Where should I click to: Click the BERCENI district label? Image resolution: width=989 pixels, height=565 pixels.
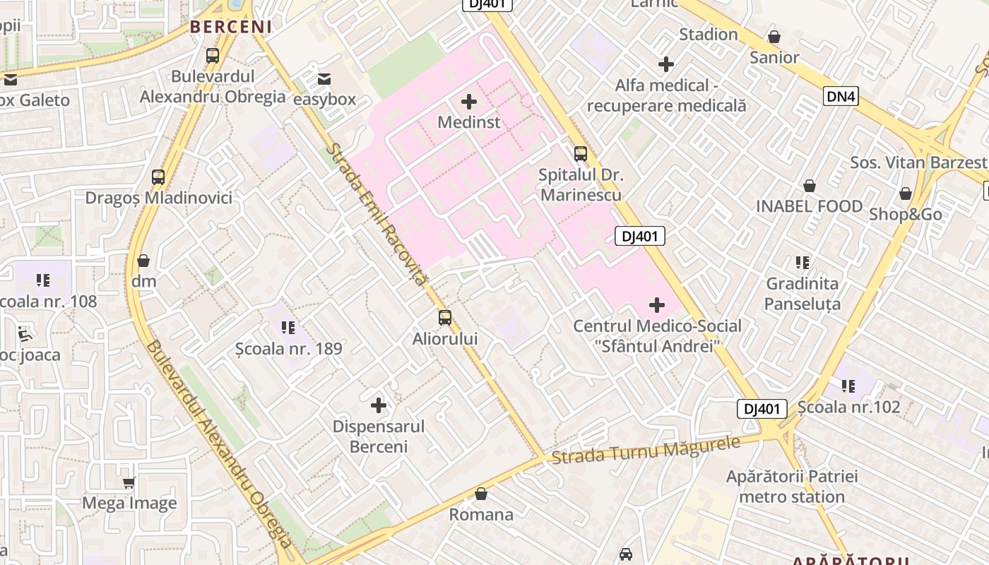point(230,27)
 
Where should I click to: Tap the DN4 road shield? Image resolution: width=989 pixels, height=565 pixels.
point(841,96)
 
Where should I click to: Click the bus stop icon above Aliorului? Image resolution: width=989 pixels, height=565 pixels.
point(445,318)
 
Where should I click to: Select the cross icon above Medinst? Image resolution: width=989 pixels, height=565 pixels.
point(469,102)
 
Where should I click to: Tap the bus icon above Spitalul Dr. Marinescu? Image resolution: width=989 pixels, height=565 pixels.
point(581,153)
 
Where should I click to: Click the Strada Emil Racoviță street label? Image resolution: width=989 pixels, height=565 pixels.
point(378,215)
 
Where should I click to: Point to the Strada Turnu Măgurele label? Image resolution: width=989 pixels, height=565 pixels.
point(646,450)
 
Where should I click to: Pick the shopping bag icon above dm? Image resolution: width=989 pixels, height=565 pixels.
point(143,261)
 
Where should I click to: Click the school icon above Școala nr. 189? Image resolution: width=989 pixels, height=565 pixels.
point(288,328)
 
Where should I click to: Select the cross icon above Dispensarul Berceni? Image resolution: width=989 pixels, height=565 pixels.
point(379,405)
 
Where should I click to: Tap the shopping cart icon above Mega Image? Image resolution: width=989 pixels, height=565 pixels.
point(129,483)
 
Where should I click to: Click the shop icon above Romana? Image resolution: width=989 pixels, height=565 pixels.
point(481,494)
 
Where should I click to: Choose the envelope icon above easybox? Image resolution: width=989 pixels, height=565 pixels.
point(324,79)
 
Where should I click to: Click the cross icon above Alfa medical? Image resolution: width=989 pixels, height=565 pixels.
point(666,65)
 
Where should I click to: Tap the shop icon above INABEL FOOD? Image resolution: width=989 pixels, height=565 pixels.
point(810,186)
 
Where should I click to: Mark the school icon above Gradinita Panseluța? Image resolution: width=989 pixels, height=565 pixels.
point(803,263)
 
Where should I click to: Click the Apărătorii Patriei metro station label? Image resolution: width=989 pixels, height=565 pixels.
point(792,487)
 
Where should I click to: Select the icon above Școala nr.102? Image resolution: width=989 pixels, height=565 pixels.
point(848,386)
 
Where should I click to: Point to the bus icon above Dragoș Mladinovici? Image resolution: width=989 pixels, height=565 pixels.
point(158,177)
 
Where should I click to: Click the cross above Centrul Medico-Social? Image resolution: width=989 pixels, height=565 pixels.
point(657,305)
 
